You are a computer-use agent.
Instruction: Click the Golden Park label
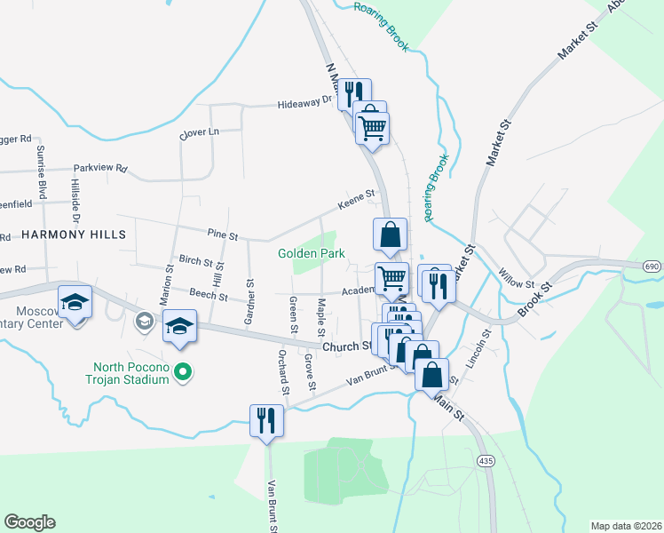311,253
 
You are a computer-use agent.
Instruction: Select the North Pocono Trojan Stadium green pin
182,371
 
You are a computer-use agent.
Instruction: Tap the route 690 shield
652,266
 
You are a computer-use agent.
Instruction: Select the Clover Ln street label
199,132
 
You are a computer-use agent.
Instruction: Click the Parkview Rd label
100,167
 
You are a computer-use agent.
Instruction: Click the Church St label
344,346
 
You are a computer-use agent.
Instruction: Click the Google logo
29,522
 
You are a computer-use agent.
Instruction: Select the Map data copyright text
625,525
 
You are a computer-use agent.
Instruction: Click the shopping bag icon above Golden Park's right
390,235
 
